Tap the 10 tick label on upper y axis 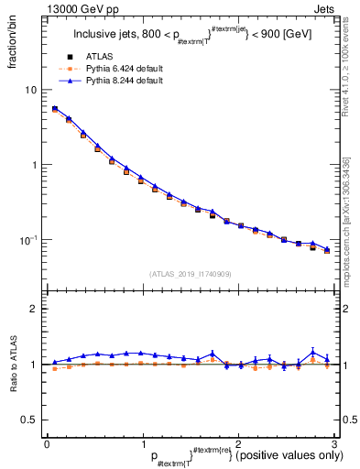(x=30, y=90)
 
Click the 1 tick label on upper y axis (x=34, y=165)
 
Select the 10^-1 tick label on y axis (x=29, y=240)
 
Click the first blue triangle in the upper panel (x=54, y=108)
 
